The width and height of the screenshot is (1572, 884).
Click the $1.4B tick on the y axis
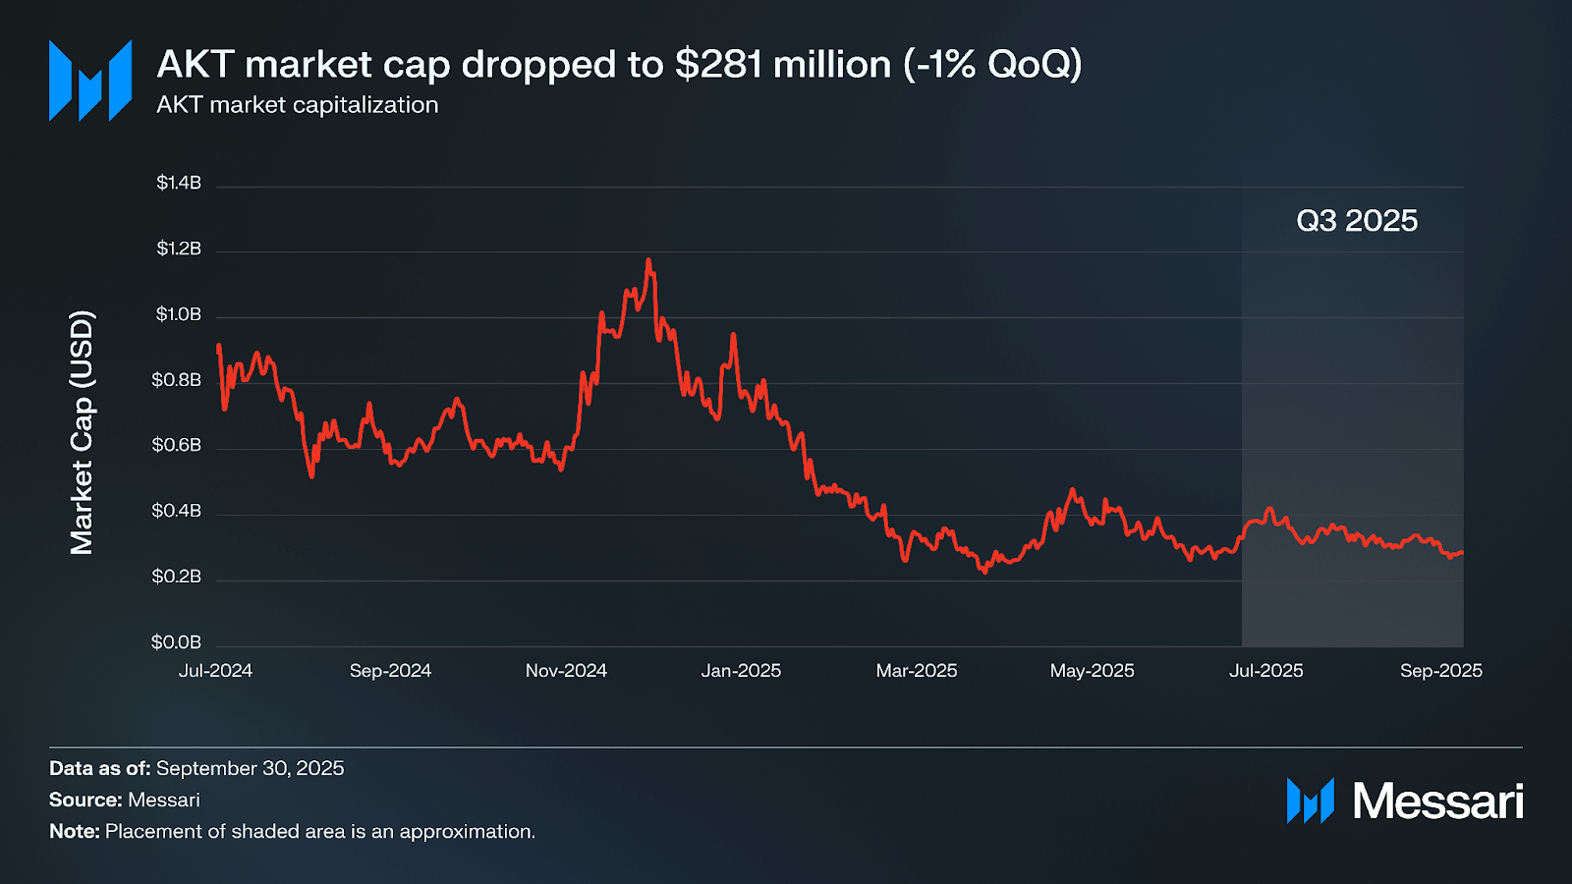[178, 183]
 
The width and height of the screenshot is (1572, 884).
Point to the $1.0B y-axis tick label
[178, 314]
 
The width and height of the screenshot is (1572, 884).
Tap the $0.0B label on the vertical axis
[176, 642]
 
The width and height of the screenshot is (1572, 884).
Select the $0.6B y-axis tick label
[176, 445]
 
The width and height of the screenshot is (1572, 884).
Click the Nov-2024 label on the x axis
[566, 671]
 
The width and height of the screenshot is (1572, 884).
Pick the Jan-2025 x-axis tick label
[741, 671]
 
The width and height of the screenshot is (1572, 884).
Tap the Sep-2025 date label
[1440, 671]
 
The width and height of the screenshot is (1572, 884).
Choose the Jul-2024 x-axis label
[215, 671]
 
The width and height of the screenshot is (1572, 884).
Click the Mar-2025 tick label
[916, 671]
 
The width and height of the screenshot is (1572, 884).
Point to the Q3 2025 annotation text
[1357, 221]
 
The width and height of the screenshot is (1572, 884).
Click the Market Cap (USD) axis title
[82, 432]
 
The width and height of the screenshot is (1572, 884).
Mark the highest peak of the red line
[648, 260]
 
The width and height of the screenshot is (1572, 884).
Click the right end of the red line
[1462, 553]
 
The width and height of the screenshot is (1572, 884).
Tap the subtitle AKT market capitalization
[297, 105]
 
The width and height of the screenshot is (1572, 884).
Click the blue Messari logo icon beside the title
[90, 81]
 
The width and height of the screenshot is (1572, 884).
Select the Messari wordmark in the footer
[1437, 801]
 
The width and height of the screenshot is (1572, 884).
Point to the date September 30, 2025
[250, 768]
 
